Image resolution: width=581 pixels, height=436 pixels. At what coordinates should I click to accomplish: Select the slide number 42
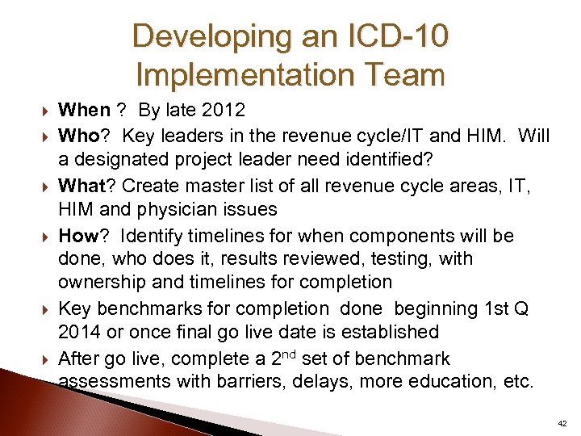click(x=562, y=423)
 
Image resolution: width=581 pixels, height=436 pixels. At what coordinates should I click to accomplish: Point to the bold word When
click(x=86, y=111)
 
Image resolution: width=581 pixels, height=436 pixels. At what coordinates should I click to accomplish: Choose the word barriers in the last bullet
click(x=247, y=382)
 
